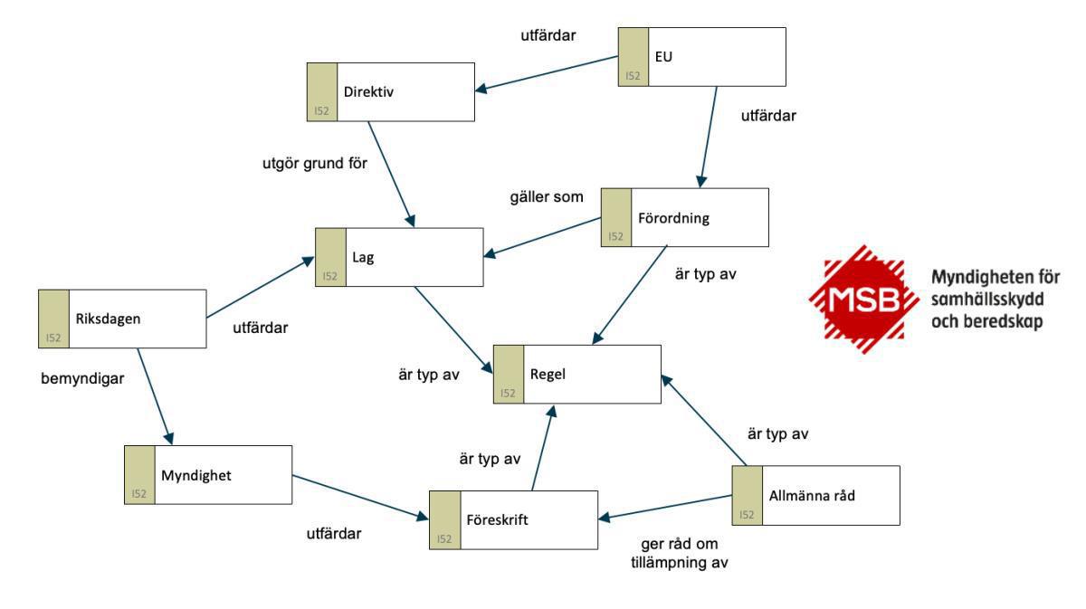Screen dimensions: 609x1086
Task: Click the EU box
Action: click(x=702, y=57)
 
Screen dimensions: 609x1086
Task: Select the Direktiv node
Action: click(x=391, y=91)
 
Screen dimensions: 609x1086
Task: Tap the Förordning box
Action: click(x=684, y=217)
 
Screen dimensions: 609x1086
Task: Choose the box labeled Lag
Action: click(x=399, y=257)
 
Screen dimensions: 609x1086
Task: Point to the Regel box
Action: click(x=577, y=373)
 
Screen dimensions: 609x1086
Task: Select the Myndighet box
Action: click(x=208, y=475)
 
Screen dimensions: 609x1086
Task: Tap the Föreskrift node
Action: click(x=513, y=520)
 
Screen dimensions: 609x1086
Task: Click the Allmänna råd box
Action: click(x=816, y=495)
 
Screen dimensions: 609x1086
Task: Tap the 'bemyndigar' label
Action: click(x=81, y=378)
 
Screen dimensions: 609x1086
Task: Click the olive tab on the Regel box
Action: click(x=509, y=373)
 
